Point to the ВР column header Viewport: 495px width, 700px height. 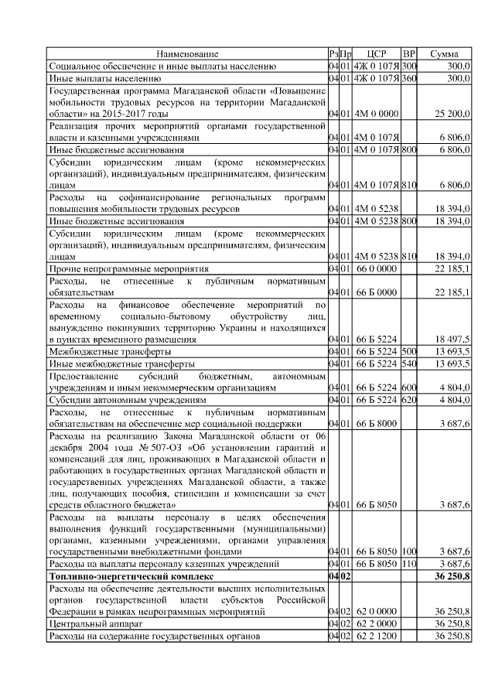[410, 54]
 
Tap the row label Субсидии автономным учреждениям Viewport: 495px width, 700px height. [127, 401]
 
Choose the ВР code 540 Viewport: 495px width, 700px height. [410, 364]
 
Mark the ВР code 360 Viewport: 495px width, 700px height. [410, 78]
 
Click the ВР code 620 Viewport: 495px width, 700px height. [410, 401]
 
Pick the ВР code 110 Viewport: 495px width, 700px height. [410, 565]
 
